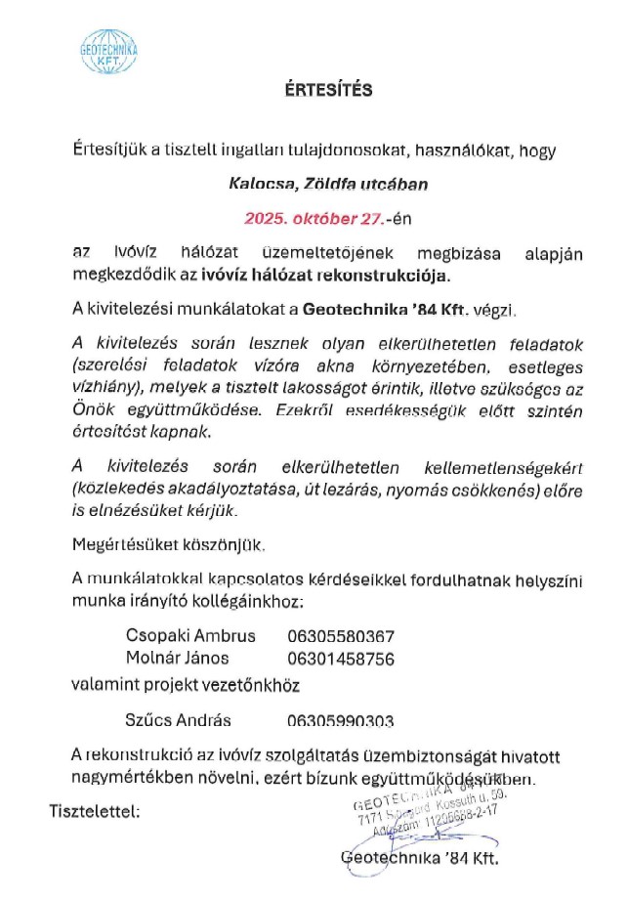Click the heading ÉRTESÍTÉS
click(316, 91)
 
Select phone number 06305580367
click(341, 634)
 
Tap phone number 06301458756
click(341, 660)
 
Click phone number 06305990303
click(341, 722)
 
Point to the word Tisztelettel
click(94, 810)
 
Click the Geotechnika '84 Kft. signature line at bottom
click(419, 860)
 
